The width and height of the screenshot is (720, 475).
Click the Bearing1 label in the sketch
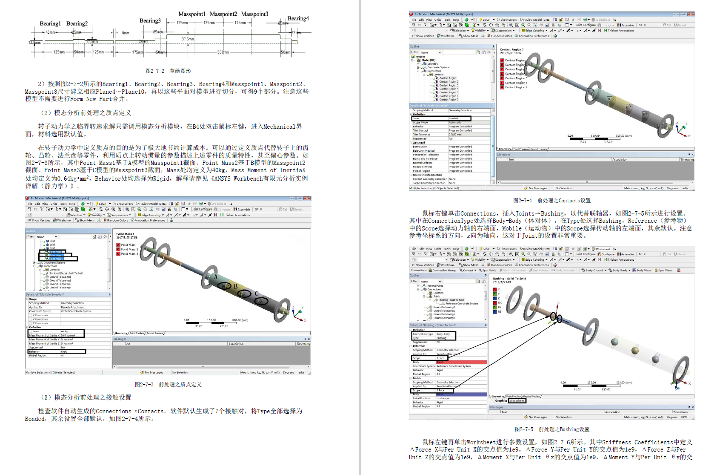click(50, 23)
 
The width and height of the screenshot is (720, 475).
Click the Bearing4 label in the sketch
click(298, 18)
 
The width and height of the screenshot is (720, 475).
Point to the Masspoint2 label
click(223, 14)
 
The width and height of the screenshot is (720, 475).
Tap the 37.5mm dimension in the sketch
click(188, 39)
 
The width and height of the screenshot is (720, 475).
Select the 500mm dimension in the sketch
click(223, 52)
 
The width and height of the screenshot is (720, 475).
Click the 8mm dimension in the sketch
click(126, 33)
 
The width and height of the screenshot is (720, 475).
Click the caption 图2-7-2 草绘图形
click(168, 71)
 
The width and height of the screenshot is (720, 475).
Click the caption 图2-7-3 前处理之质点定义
click(168, 384)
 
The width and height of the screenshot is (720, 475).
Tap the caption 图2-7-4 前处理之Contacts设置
click(551, 200)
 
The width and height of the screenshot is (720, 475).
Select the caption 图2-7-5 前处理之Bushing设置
click(551, 429)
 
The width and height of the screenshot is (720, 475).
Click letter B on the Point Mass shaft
click(235, 286)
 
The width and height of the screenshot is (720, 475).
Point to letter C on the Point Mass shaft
click(257, 294)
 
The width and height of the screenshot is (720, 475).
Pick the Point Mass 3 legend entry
click(129, 254)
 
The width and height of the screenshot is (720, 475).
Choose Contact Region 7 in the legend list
click(515, 87)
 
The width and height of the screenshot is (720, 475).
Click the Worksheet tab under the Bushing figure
click(517, 400)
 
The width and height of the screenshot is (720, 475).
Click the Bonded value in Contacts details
click(454, 118)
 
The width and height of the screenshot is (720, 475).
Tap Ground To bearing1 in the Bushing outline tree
click(444, 307)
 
